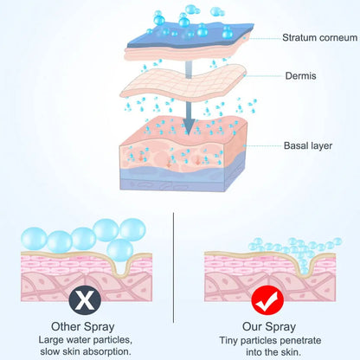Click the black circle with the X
(x=85, y=302)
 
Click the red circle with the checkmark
(x=270, y=302)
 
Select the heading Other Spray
(x=84, y=328)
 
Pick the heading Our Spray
(x=269, y=328)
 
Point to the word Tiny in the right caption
(x=231, y=339)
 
